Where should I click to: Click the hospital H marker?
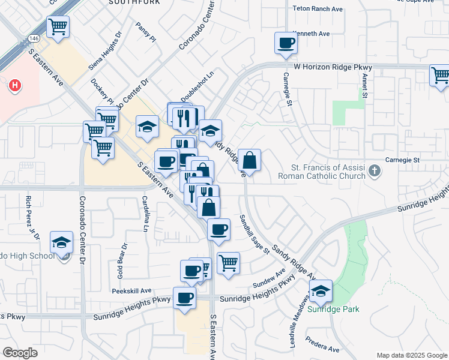tap(14, 86)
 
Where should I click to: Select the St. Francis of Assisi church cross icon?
tap(374, 171)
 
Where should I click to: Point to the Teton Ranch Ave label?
tap(317, 9)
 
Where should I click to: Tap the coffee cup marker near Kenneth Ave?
tap(286, 43)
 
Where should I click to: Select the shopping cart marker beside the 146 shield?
tap(58, 27)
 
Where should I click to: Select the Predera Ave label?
tap(322, 349)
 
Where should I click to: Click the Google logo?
tap(20, 353)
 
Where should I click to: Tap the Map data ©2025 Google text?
tap(411, 355)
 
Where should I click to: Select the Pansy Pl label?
tap(145, 35)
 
